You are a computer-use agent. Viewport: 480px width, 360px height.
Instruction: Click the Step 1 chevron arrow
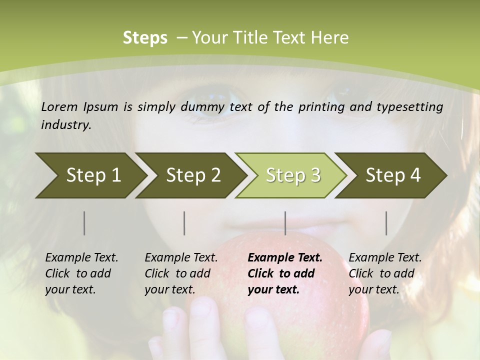(90, 175)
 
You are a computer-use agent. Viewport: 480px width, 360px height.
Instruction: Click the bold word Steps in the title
(145, 38)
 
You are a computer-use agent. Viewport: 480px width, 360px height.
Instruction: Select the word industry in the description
(66, 125)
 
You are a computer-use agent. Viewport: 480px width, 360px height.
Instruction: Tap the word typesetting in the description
(409, 107)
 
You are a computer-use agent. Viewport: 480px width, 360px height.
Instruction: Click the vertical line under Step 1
(84, 223)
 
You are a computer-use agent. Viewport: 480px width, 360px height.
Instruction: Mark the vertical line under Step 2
(184, 223)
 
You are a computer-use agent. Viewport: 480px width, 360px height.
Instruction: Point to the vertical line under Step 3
(285, 223)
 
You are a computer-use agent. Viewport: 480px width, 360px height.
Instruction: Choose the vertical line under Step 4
(386, 223)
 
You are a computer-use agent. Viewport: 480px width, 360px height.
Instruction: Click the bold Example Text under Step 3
(285, 258)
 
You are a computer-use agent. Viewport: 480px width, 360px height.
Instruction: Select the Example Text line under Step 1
(81, 258)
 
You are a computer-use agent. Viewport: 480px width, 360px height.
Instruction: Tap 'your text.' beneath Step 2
(169, 289)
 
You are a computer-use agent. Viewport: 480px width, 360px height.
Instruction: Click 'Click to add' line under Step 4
(381, 273)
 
